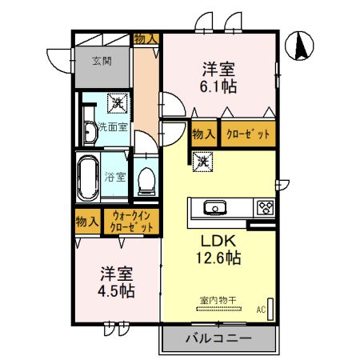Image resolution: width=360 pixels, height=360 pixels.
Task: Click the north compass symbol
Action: click(299, 46)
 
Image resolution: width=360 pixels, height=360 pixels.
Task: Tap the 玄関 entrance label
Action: click(102, 61)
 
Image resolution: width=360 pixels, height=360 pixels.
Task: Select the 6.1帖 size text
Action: click(218, 86)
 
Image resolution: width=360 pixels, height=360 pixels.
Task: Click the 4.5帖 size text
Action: click(116, 290)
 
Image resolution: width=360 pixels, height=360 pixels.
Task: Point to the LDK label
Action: click(218, 241)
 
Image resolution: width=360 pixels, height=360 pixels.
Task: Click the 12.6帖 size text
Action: click(218, 258)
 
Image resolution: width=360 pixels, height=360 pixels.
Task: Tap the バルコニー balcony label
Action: click(218, 338)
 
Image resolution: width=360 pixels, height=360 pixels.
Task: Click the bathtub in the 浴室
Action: click(88, 178)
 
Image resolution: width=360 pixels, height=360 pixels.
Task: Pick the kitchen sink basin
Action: click(215, 207)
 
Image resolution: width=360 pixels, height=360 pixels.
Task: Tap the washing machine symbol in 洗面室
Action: click(118, 103)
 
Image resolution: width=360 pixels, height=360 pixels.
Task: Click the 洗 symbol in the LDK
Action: click(203, 162)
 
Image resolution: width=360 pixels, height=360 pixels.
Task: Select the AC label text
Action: click(262, 310)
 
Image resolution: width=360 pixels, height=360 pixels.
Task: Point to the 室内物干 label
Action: click(218, 301)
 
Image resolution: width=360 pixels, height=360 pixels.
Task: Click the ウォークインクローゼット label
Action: click(131, 222)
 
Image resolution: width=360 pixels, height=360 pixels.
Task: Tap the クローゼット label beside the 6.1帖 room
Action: click(248, 134)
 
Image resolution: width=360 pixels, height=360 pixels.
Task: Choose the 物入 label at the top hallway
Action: click(146, 39)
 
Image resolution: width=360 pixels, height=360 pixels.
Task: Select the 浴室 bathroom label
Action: click(115, 177)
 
